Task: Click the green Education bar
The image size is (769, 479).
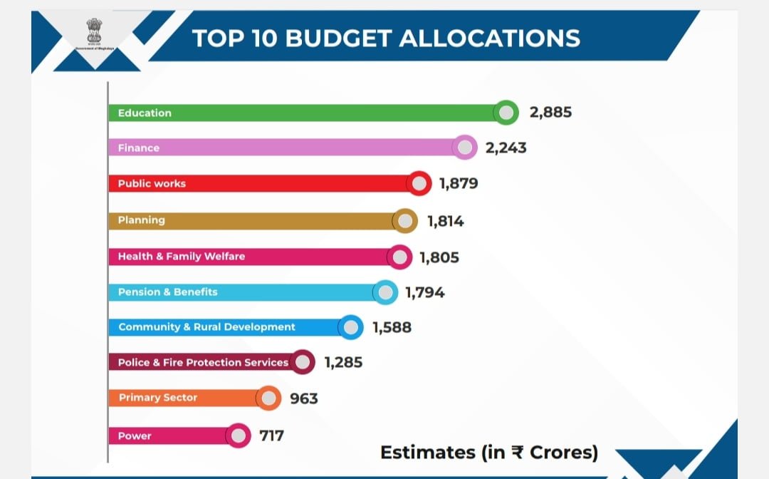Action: coord(306,113)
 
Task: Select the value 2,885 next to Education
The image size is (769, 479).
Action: coord(550,113)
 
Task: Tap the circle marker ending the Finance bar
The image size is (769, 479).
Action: coord(465,148)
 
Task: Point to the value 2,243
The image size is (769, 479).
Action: coord(506,148)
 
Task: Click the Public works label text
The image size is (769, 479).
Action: coord(152,183)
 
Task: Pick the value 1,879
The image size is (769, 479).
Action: coord(459,184)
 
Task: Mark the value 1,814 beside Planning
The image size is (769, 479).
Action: coord(446,222)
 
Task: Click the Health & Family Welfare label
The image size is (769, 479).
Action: coord(181,256)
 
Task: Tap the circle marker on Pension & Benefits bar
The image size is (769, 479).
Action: coord(385,292)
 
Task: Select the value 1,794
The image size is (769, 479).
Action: coord(425,292)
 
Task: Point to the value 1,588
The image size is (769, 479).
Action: coord(392,328)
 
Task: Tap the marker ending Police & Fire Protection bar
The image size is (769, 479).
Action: coord(303,362)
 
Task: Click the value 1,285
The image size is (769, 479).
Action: coord(343,363)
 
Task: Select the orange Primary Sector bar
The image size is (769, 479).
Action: coord(185,398)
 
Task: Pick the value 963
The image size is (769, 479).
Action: coord(304,398)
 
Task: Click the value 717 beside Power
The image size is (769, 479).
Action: coord(271,435)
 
